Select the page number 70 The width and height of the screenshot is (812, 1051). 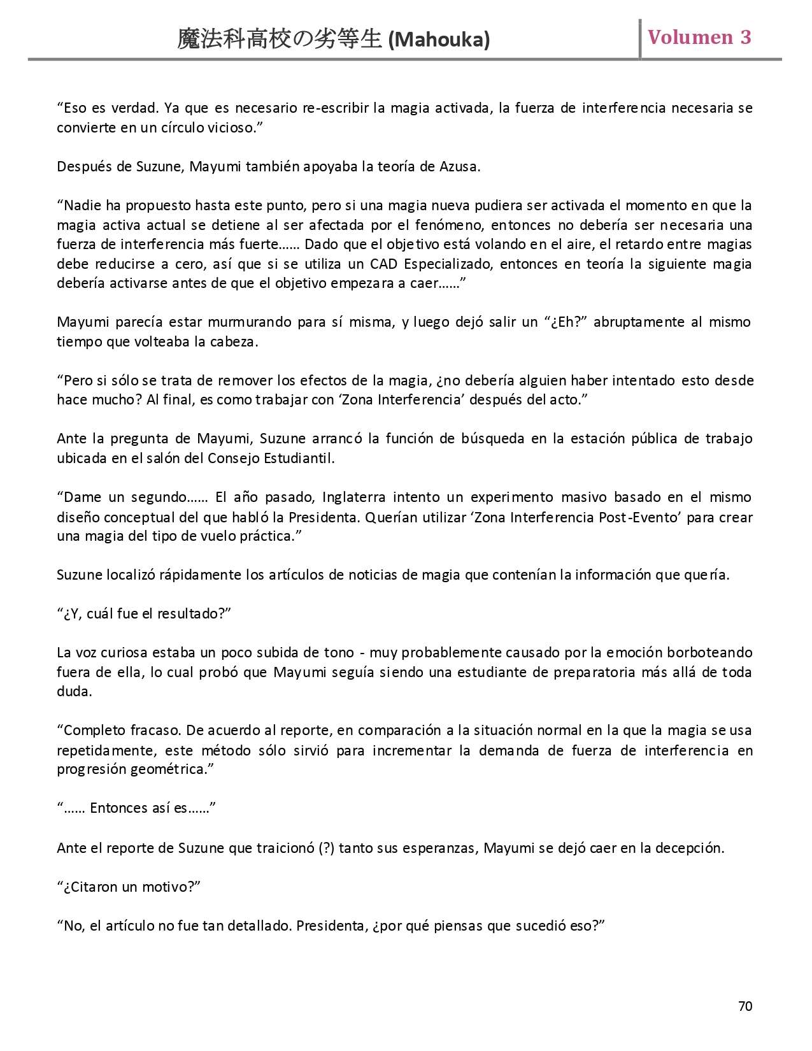[x=745, y=1006]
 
